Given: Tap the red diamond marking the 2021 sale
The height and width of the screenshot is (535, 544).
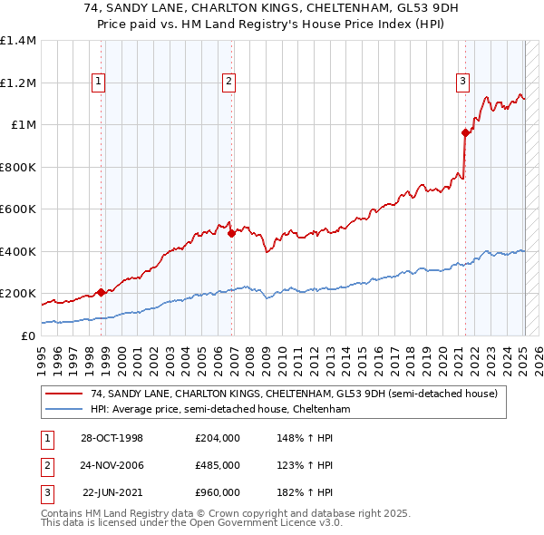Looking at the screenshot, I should [466, 132].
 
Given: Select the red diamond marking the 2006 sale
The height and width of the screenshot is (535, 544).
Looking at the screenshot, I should [231, 233].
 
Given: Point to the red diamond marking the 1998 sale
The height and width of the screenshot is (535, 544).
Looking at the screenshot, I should [101, 292].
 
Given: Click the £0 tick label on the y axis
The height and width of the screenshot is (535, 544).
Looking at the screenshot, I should [27, 336].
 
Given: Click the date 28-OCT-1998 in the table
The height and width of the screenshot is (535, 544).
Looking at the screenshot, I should [112, 438].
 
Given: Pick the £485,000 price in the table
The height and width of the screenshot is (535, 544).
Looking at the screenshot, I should [218, 465].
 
